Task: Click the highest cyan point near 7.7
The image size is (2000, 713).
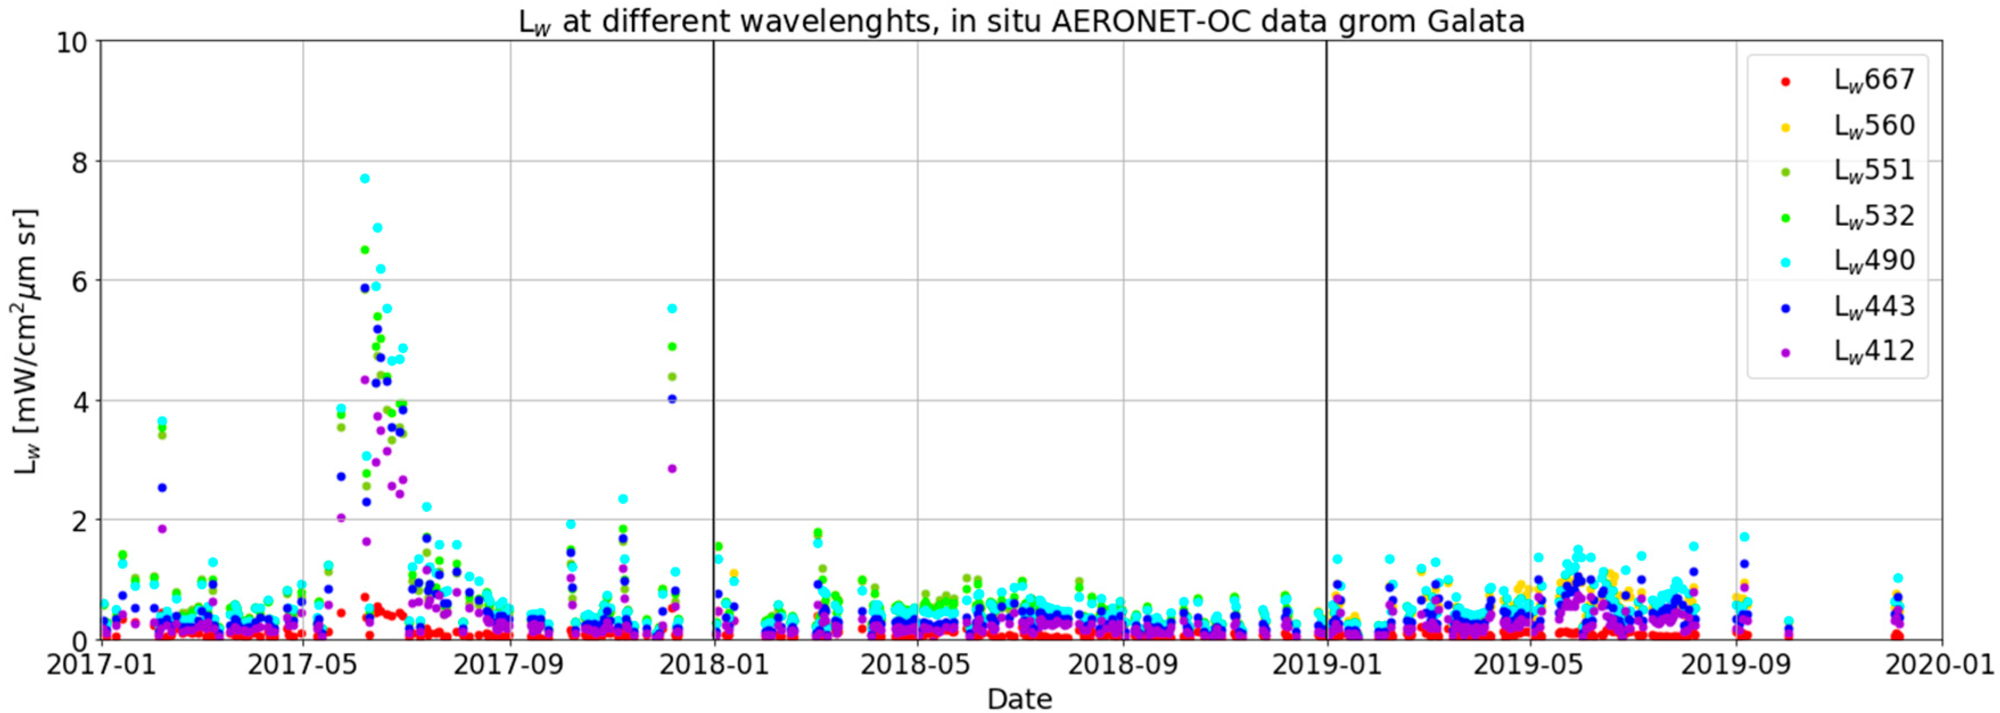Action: tap(364, 179)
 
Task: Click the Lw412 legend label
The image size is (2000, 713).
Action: tap(1874, 351)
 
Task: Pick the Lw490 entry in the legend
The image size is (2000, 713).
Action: tap(1874, 260)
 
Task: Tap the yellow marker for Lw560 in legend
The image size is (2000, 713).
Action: tap(1785, 126)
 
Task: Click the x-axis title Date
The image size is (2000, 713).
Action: tap(1020, 699)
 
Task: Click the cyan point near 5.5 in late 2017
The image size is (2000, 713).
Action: tap(673, 308)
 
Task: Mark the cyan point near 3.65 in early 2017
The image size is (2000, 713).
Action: tap(162, 421)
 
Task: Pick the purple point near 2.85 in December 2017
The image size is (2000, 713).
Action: tap(673, 469)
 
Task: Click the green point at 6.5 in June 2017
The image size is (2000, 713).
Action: tap(364, 250)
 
